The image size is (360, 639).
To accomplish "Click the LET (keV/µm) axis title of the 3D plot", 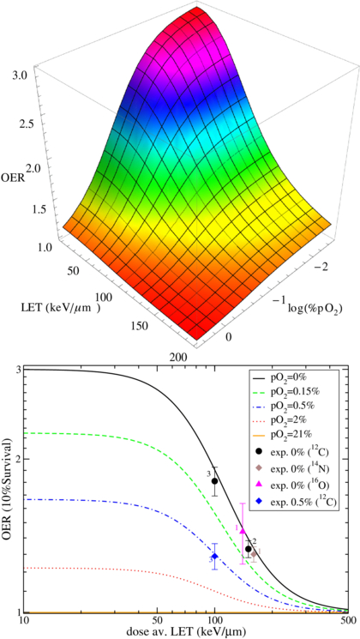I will click(x=64, y=305).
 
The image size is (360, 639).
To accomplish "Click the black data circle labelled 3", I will click(x=215, y=481).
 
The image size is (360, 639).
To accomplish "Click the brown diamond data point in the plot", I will click(x=254, y=553).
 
